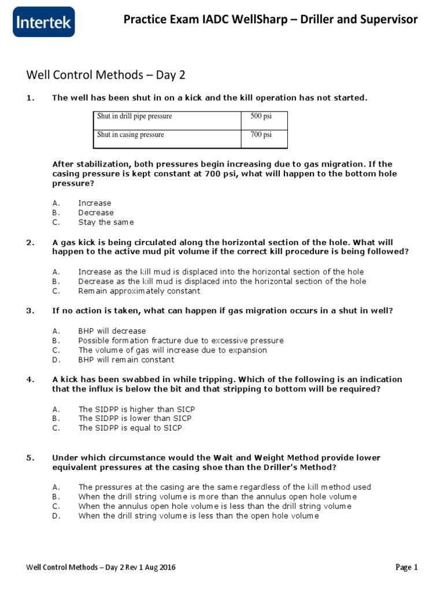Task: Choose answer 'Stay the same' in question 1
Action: coord(106,222)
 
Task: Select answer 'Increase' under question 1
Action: coord(95,203)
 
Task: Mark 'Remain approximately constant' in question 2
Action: coord(139,291)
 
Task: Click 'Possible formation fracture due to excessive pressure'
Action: coord(181,341)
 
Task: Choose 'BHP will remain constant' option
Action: coord(126,360)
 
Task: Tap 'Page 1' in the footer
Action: coord(406,567)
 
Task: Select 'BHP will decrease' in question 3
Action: coord(112,331)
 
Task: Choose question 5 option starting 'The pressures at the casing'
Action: coord(224,487)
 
